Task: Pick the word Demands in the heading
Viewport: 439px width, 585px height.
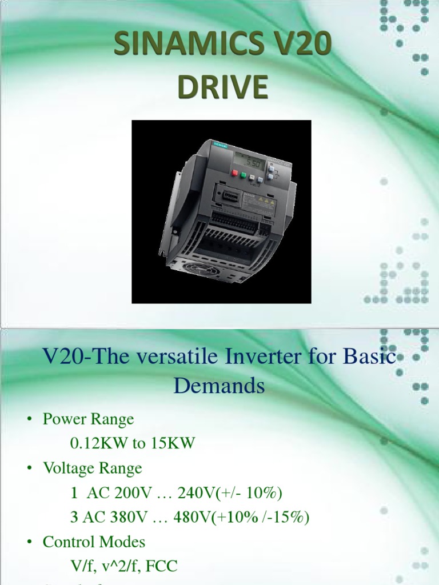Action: pos(219,386)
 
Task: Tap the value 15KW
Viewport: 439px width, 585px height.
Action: pos(174,443)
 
